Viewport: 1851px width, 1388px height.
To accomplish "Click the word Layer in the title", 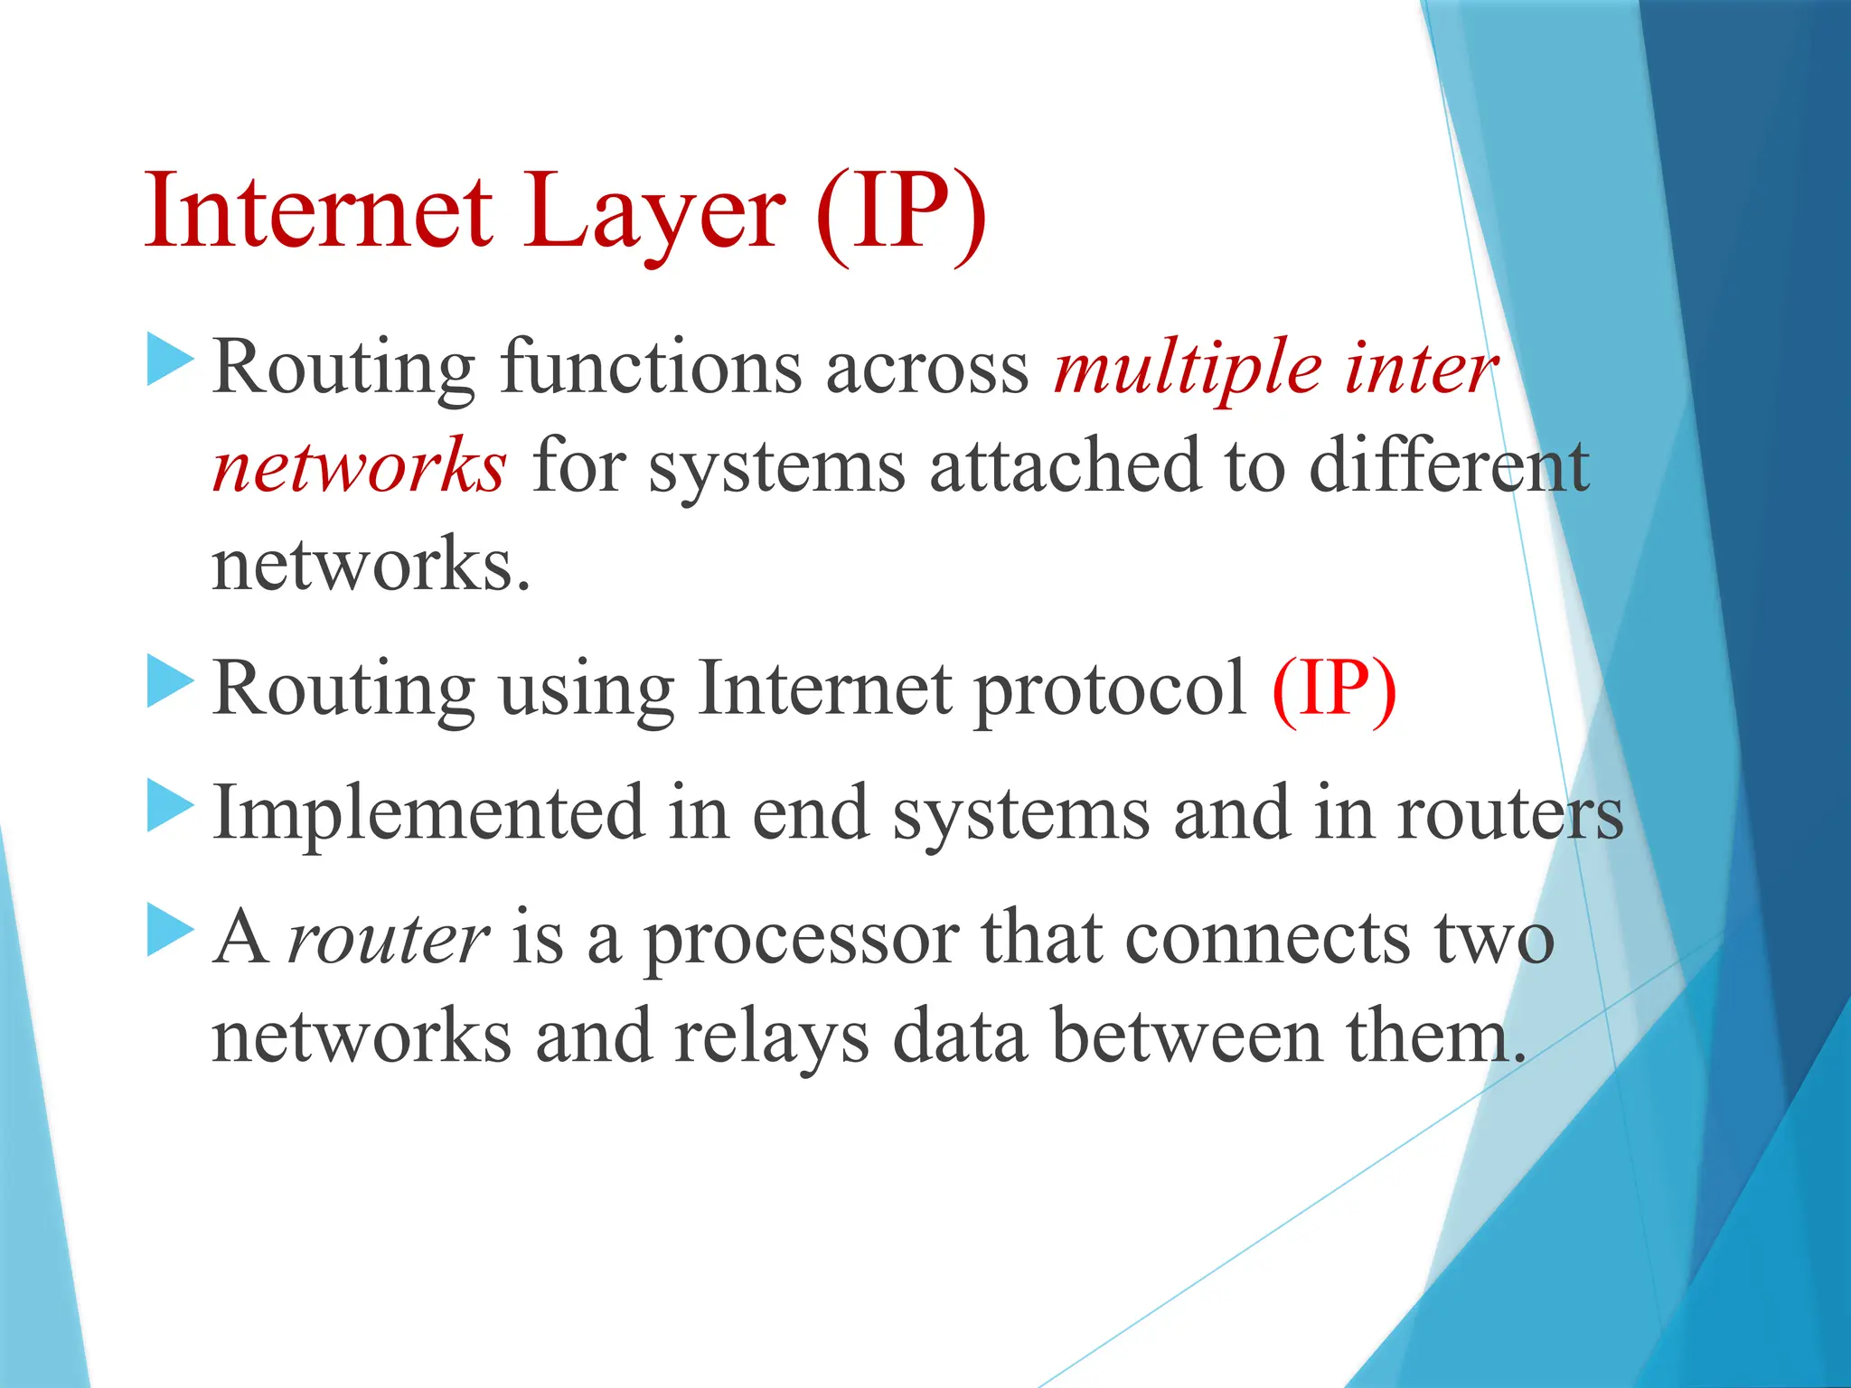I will click(x=654, y=214).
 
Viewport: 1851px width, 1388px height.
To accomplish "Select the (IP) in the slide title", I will click(x=900, y=212).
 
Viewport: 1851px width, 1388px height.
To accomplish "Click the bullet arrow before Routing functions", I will click(x=170, y=360).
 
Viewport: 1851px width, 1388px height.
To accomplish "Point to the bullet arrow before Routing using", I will click(x=170, y=682).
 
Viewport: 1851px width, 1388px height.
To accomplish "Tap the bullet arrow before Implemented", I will click(x=170, y=806).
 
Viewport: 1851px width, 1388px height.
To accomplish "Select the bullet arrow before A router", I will click(x=170, y=931).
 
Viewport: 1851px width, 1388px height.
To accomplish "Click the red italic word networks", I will click(x=359, y=466).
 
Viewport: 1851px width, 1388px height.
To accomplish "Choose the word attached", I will click(x=1066, y=466).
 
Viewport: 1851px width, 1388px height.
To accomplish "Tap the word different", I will click(x=1449, y=466).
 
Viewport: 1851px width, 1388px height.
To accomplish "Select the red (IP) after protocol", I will click(x=1334, y=689).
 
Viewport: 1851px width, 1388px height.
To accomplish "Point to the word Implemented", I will click(x=428, y=812).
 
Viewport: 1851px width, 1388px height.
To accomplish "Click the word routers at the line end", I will click(x=1510, y=814).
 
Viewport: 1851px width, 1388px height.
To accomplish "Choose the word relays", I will click(x=771, y=1037).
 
